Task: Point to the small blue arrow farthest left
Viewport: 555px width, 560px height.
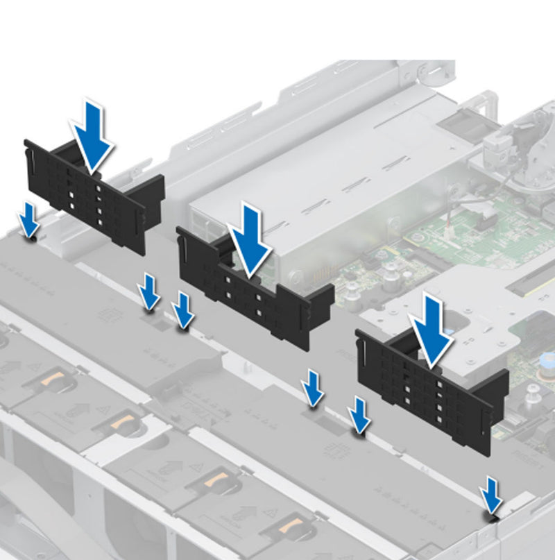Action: (29, 220)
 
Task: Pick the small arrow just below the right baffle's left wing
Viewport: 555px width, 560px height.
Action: (359, 415)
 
